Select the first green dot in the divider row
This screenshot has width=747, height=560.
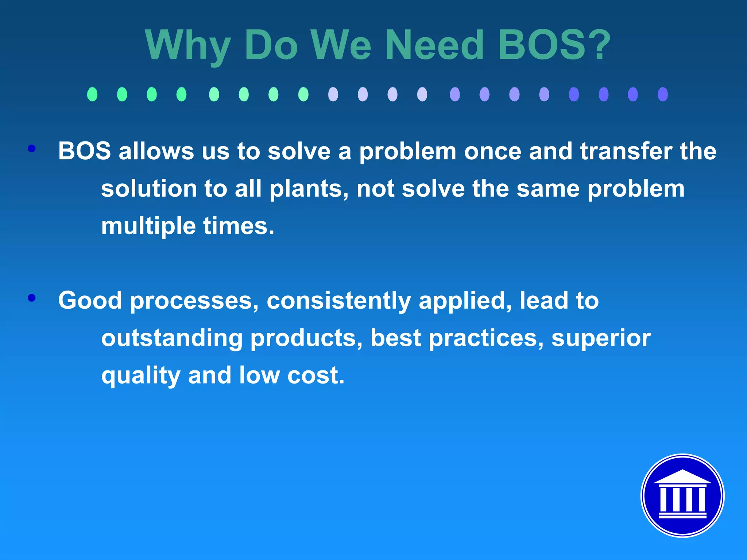click(x=92, y=94)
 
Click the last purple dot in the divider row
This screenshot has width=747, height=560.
click(x=662, y=94)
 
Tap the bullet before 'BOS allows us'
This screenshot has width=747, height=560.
click(x=32, y=148)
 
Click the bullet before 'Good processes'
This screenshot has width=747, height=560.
click(x=32, y=298)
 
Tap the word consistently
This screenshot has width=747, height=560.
click(x=339, y=301)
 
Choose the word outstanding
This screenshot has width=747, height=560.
click(x=172, y=338)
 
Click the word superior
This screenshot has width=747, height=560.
click(x=601, y=339)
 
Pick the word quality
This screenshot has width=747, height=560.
click(x=140, y=376)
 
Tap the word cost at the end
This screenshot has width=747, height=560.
click(x=316, y=376)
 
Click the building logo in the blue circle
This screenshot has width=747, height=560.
click(x=682, y=495)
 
